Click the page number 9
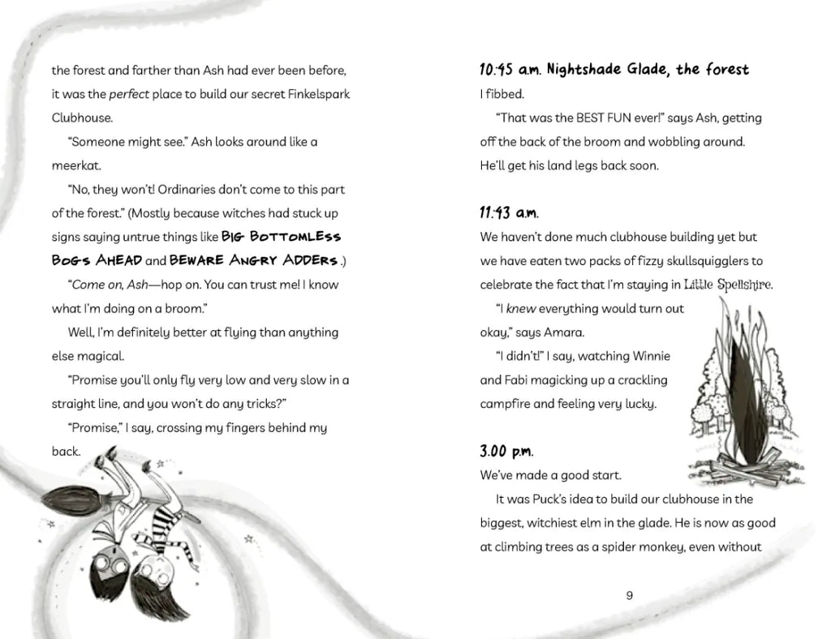pyautogui.click(x=630, y=595)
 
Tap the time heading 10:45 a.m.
pyautogui.click(x=510, y=70)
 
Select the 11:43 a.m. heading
pyautogui.click(x=509, y=213)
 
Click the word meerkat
pyautogui.click(x=77, y=165)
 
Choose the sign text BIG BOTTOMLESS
pyautogui.click(x=282, y=237)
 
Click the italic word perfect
pyautogui.click(x=129, y=94)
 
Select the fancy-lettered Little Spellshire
pyautogui.click(x=728, y=285)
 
